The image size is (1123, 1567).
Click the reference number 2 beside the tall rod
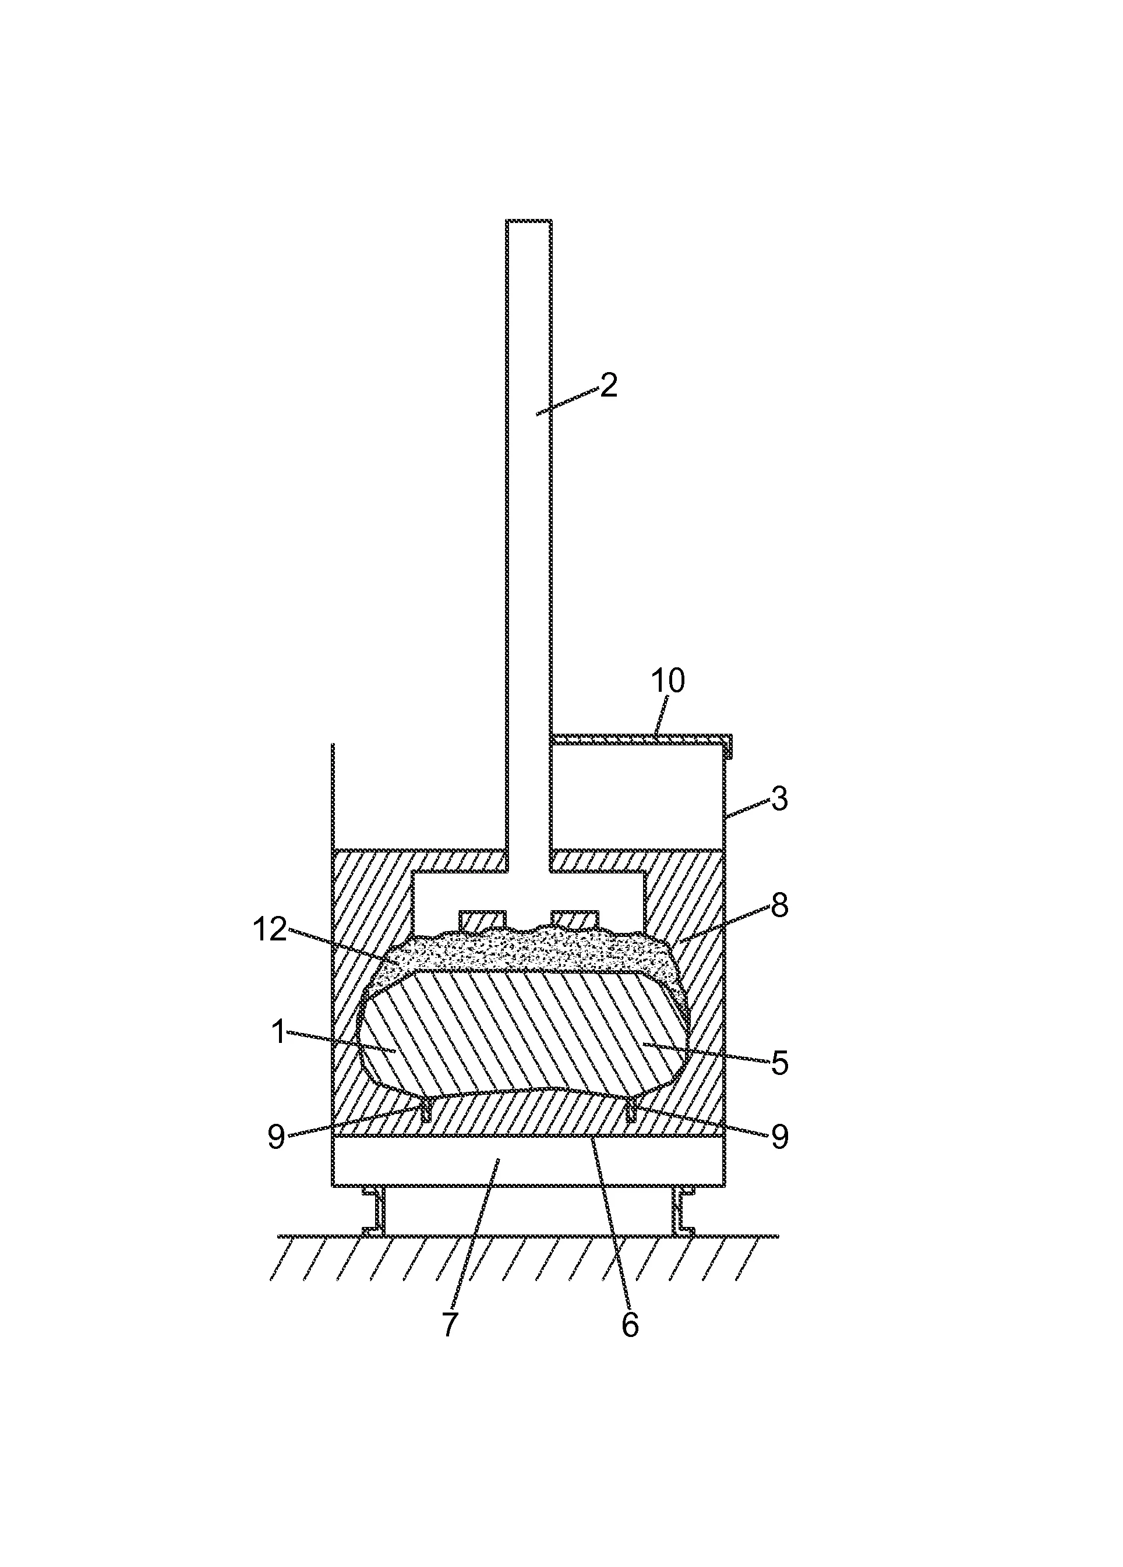(x=608, y=385)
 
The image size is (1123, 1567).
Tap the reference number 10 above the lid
(x=668, y=681)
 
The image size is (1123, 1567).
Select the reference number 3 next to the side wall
(x=779, y=800)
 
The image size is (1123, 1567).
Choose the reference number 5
(x=779, y=1064)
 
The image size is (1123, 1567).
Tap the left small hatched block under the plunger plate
(x=483, y=919)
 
